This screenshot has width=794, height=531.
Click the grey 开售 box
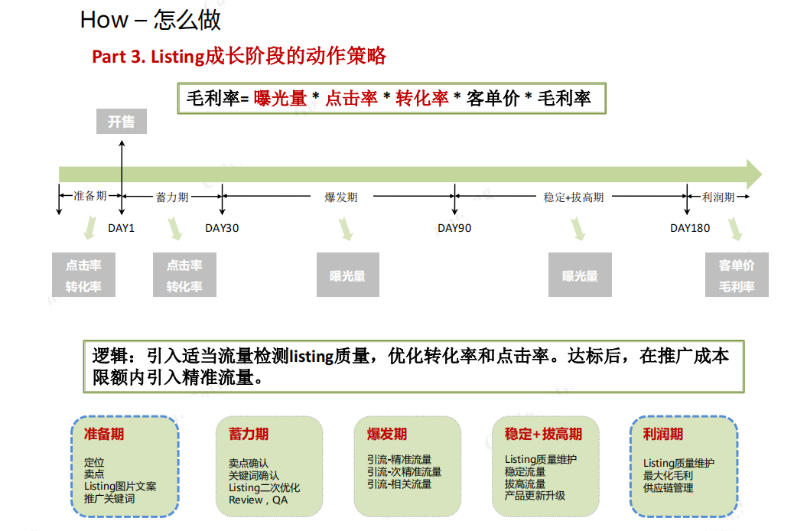pyautogui.click(x=122, y=121)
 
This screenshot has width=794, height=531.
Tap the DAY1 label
pyautogui.click(x=122, y=228)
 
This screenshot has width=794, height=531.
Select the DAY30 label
pyautogui.click(x=222, y=228)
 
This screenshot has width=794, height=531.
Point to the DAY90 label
pyautogui.click(x=454, y=228)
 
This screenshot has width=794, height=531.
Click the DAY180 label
pyautogui.click(x=690, y=228)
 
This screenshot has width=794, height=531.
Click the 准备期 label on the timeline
pyautogui.click(x=90, y=196)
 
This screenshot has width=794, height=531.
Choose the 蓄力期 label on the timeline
pyautogui.click(x=172, y=197)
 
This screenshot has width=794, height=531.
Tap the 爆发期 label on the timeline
pyautogui.click(x=341, y=197)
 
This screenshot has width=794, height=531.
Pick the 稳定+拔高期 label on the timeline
pyautogui.click(x=574, y=197)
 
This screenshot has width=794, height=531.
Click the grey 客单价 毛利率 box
pyautogui.click(x=737, y=275)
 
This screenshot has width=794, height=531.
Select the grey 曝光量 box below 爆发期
pyautogui.click(x=348, y=275)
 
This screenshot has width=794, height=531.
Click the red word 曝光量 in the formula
pyautogui.click(x=281, y=98)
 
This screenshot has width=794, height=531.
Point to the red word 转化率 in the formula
pyautogui.click(x=421, y=98)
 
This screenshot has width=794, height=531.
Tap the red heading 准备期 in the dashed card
pyautogui.click(x=104, y=434)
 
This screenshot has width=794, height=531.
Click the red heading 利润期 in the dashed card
pyautogui.click(x=663, y=434)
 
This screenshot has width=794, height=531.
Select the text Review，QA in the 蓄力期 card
pyautogui.click(x=259, y=500)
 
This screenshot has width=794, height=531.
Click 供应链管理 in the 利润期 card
pyautogui.click(x=668, y=488)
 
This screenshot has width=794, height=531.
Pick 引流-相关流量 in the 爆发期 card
pyautogui.click(x=399, y=484)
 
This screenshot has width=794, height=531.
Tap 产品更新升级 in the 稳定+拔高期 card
pyautogui.click(x=535, y=496)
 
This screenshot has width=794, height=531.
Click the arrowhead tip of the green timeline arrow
pyautogui.click(x=762, y=174)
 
